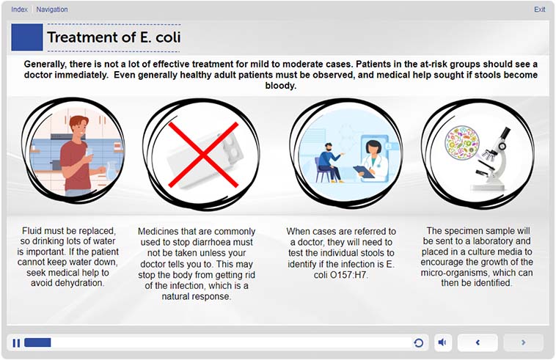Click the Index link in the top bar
[x=19, y=10]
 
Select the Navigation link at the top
[x=52, y=10]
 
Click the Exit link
[x=539, y=10]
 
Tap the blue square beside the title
[x=27, y=37]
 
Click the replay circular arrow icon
[x=418, y=342]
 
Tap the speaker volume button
[x=442, y=342]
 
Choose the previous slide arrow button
[x=478, y=342]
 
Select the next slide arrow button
[x=524, y=342]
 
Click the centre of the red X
[x=203, y=155]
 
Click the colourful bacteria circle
[x=461, y=142]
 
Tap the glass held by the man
[x=89, y=154]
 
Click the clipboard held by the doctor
[x=364, y=172]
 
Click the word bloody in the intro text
[x=280, y=86]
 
